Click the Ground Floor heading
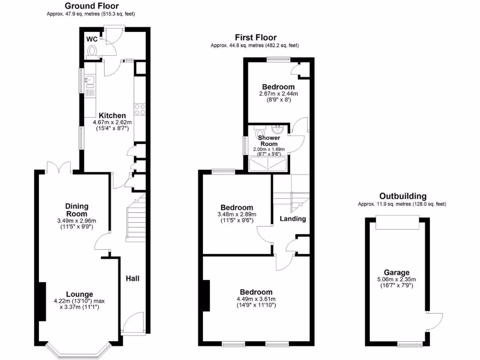[91, 6]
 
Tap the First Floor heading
[255, 37]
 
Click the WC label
[91, 39]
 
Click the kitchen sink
[89, 82]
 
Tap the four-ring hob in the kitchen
[139, 109]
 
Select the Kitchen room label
[112, 115]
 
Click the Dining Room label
[77, 210]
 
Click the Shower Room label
[269, 141]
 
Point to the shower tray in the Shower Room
[268, 163]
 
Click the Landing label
[293, 218]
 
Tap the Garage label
[397, 272]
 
